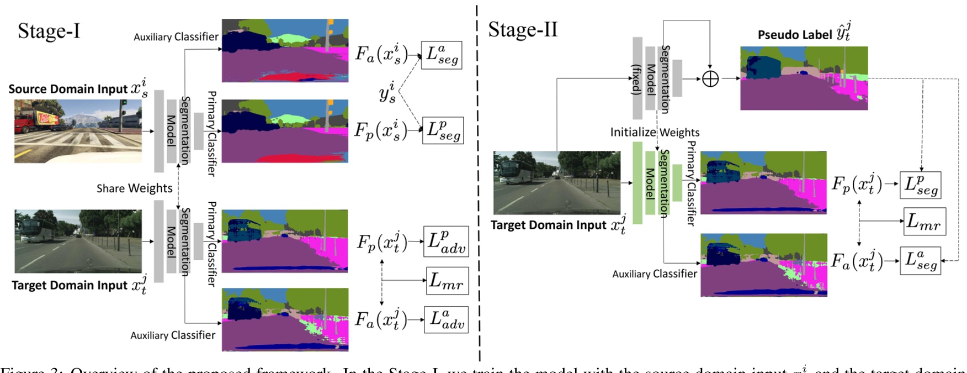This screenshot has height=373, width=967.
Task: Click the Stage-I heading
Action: click(49, 31)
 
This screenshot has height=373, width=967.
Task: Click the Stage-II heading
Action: click(522, 29)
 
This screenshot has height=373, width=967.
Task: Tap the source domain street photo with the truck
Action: click(78, 131)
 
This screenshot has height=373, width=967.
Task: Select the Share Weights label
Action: click(134, 188)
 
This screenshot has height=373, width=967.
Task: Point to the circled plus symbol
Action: click(710, 79)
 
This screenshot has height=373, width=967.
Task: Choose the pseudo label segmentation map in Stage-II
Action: click(804, 78)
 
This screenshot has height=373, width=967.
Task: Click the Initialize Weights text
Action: click(655, 132)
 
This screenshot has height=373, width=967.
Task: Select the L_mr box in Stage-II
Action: click(925, 222)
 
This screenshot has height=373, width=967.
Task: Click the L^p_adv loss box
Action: click(446, 241)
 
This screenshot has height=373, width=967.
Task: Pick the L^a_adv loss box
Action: click(446, 319)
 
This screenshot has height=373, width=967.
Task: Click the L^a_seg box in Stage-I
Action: click(442, 55)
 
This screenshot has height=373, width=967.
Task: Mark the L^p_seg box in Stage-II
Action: click(920, 185)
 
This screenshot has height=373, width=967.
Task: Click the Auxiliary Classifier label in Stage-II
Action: click(655, 274)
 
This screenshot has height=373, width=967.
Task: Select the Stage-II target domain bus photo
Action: click(556, 183)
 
